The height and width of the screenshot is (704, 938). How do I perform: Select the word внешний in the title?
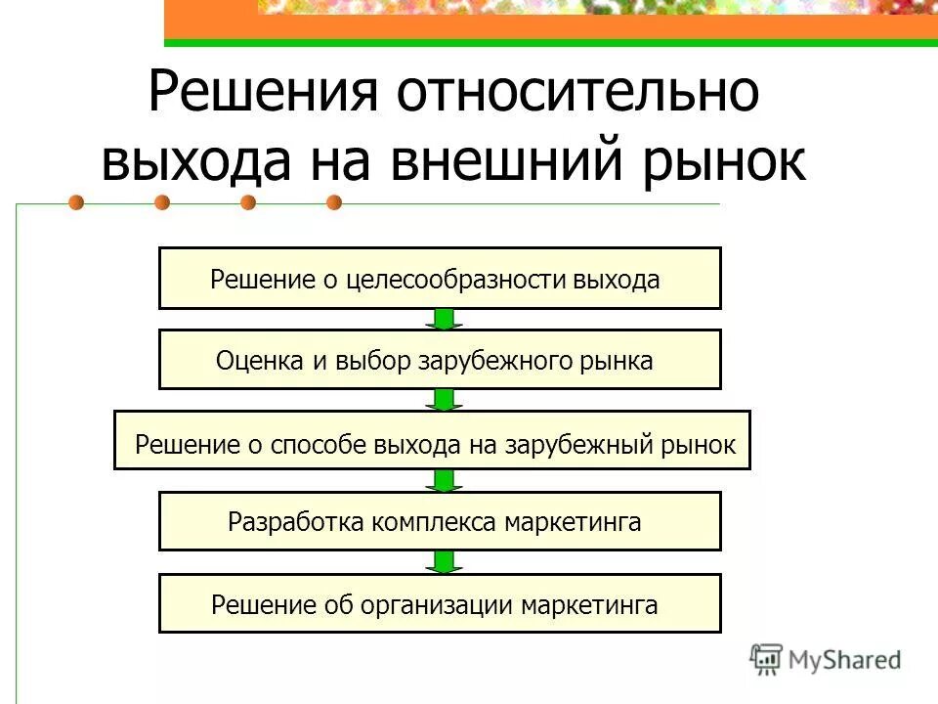pos(519,161)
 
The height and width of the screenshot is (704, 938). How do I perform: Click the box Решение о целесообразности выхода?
pos(440,279)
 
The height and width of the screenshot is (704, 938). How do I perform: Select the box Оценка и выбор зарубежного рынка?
pos(440,360)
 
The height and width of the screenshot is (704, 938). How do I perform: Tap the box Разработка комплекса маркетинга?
pos(440,521)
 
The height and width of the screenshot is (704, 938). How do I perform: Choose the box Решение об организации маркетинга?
pos(440,603)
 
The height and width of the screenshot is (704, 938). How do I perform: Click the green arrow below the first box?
pos(445,319)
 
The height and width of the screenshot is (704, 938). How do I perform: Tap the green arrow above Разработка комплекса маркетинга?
pos(445,480)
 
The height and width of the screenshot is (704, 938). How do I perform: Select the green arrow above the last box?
pos(445,561)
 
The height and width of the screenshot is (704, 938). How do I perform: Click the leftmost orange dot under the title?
pos(76,203)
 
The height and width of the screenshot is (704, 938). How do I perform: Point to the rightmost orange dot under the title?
pos(334,203)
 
